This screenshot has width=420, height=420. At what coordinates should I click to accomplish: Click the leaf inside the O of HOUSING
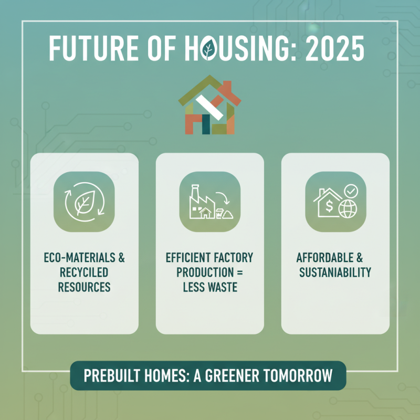[208, 49]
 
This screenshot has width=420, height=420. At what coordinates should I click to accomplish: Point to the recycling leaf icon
[84, 202]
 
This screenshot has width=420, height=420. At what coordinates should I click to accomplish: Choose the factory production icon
[209, 202]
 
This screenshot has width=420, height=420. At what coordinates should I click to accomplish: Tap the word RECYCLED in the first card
[84, 272]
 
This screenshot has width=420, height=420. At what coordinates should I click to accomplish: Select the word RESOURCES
[84, 287]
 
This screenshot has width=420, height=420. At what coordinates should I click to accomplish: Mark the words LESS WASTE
[209, 287]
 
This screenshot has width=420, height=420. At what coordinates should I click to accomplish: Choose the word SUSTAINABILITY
[335, 272]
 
